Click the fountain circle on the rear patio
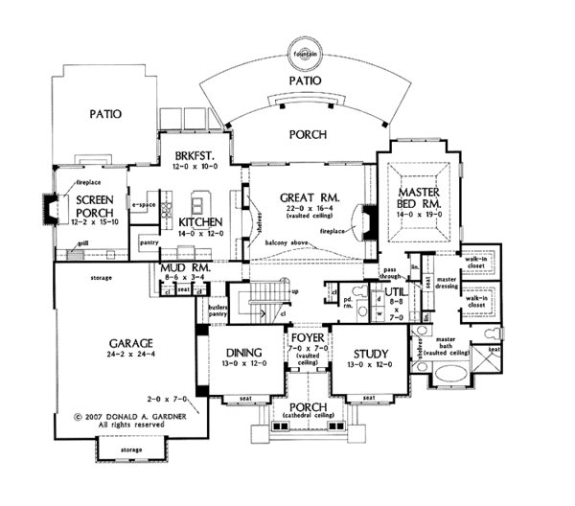click(x=306, y=51)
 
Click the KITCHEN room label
click(x=201, y=221)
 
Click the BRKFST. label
click(x=198, y=154)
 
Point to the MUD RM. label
click(x=179, y=265)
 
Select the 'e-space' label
click(x=144, y=205)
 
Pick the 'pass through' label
click(x=391, y=273)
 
